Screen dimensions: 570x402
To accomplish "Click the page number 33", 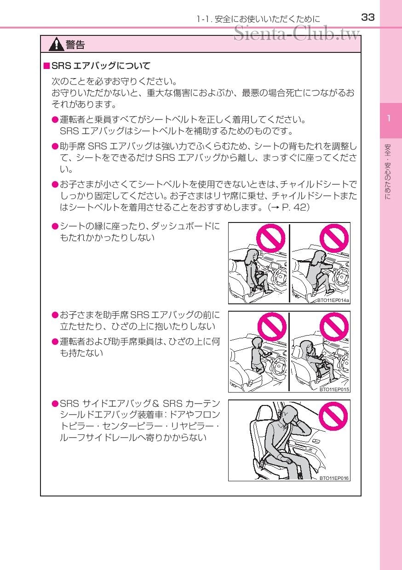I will [368, 17].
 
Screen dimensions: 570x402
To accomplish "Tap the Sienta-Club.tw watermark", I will [296, 33].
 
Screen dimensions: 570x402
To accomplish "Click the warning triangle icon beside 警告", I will [57, 45].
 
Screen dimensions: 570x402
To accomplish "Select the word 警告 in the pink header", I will [75, 45].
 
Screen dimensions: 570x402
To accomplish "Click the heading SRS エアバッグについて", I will [101, 66].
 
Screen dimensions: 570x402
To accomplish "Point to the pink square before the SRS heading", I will [46, 66].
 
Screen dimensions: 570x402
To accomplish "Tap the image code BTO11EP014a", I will [333, 301].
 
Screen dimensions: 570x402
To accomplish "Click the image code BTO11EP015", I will [334, 389].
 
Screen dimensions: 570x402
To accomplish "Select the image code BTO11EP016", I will [334, 478].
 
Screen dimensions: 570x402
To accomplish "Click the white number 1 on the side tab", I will [389, 119].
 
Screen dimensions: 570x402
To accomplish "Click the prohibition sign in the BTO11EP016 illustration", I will [334, 416].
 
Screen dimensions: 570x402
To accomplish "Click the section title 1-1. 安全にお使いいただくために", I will [258, 19].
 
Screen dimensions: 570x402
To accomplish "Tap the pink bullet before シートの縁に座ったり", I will [55, 226].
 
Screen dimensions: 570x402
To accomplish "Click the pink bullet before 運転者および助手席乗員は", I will [55, 342].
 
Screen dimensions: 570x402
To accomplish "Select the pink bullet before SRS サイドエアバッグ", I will [55, 404].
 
